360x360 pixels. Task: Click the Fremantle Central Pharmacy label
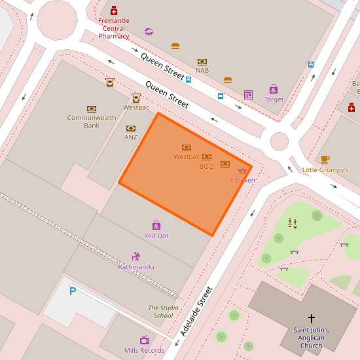pyautogui.click(x=114, y=28)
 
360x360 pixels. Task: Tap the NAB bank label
pyautogui.click(x=202, y=70)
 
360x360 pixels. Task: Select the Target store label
pyautogui.click(x=274, y=99)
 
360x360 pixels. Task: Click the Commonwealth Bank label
pyautogui.click(x=92, y=121)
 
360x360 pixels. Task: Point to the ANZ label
pyautogui.click(x=131, y=137)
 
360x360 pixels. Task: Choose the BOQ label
pyautogui.click(x=207, y=166)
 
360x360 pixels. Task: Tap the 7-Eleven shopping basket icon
pyautogui.click(x=242, y=170)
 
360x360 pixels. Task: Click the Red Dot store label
pyautogui.click(x=156, y=236)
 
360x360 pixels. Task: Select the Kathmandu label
pyautogui.click(x=136, y=267)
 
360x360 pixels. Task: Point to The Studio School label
pyautogui.click(x=163, y=312)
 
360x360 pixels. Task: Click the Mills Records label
pyautogui.click(x=145, y=351)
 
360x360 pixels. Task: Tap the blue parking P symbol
pyautogui.click(x=73, y=291)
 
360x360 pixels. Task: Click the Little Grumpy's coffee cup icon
pyautogui.click(x=325, y=159)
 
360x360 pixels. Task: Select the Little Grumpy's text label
pyautogui.click(x=325, y=170)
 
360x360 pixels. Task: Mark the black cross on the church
pyautogui.click(x=311, y=318)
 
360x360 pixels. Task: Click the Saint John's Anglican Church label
pyautogui.click(x=311, y=338)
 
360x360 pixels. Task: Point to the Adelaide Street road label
pyautogui.click(x=197, y=312)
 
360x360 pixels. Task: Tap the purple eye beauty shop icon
pyautogui.click(x=149, y=31)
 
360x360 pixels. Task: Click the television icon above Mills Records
pyautogui.click(x=145, y=340)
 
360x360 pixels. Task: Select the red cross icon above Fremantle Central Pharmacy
pyautogui.click(x=114, y=10)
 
